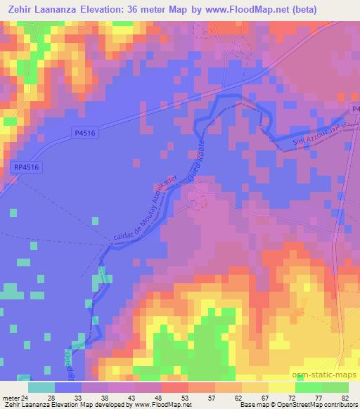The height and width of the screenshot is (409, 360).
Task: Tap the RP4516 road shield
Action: pyautogui.click(x=25, y=167)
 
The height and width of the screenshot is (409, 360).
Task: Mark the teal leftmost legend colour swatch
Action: pyautogui.click(x=41, y=387)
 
